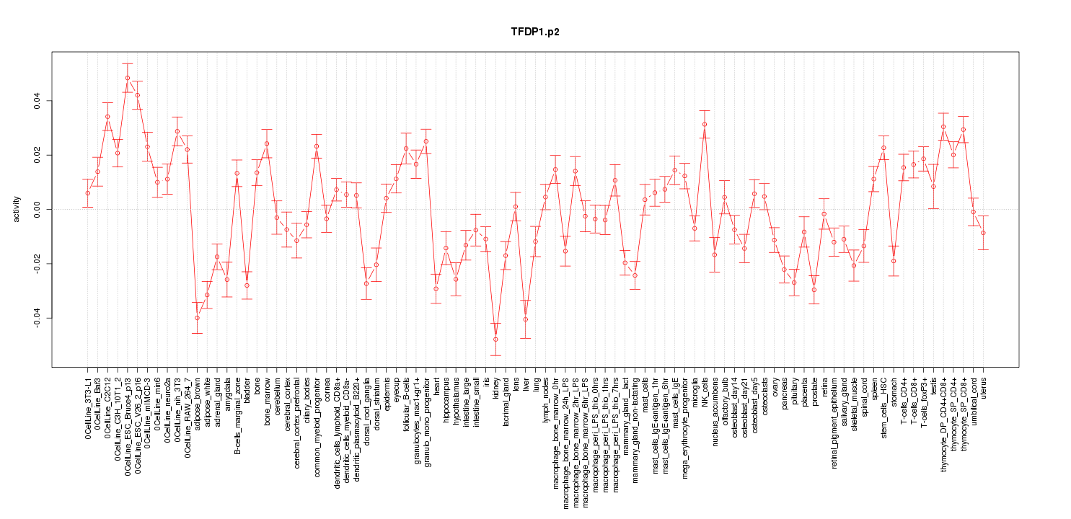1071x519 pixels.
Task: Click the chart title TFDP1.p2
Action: click(x=534, y=32)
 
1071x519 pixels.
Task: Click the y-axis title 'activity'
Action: click(x=17, y=209)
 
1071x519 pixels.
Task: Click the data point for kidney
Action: click(x=495, y=340)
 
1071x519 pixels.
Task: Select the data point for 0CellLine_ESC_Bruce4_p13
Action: click(x=127, y=78)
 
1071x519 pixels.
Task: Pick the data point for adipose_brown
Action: click(x=197, y=318)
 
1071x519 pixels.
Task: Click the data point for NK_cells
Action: click(x=705, y=125)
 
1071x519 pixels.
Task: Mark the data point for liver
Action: click(x=526, y=319)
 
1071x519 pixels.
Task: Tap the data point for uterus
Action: click(x=983, y=233)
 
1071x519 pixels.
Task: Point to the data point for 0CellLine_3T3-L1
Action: click(x=87, y=193)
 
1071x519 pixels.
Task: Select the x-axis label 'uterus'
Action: click(x=984, y=387)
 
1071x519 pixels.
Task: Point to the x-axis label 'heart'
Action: click(x=436, y=385)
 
